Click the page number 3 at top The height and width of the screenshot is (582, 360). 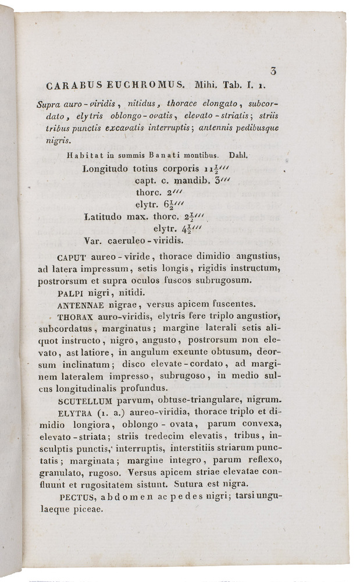[x=273, y=71]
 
